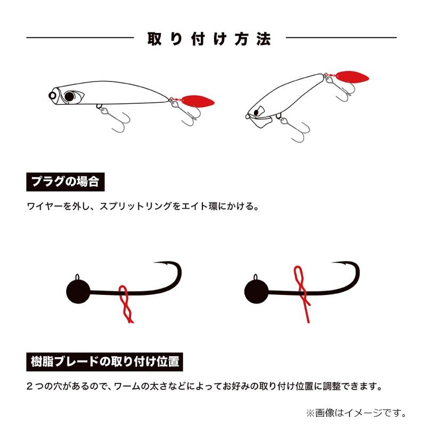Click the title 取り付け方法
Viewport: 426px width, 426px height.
tap(210, 38)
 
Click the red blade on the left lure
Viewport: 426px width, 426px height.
tap(198, 101)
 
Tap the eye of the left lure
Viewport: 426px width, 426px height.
tap(70, 96)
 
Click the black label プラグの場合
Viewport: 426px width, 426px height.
tap(64, 182)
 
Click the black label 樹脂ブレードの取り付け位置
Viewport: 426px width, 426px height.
tap(104, 362)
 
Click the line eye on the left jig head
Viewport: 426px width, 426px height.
tap(78, 277)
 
